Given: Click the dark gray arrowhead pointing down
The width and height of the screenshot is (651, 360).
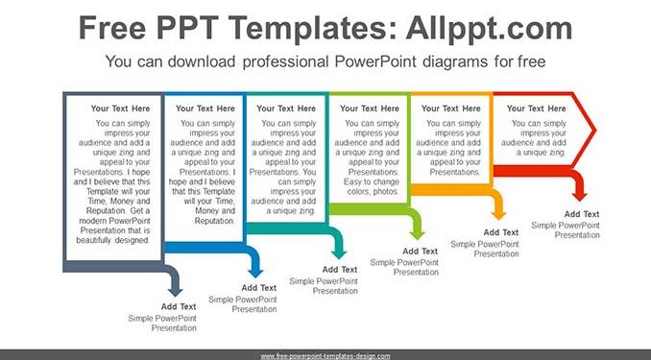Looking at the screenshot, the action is click(175, 291).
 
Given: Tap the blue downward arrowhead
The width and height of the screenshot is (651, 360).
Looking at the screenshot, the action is click(255, 273).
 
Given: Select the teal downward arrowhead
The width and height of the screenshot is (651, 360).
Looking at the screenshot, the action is click(339, 254).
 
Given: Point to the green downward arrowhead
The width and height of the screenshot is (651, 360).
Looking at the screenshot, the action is click(418, 234).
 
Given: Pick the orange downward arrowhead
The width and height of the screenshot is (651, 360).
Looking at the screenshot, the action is click(498, 215).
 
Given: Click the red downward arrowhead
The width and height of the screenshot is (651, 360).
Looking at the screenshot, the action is click(580, 196).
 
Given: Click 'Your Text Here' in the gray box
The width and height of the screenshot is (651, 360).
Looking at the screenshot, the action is click(120, 108).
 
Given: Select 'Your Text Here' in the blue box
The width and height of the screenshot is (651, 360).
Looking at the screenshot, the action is click(205, 108).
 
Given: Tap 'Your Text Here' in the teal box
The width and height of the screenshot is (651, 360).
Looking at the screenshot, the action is click(286, 108).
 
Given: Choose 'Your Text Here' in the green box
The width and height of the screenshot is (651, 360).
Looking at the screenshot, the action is click(370, 108).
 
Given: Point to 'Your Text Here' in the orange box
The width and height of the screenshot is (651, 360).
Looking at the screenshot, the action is click(451, 108).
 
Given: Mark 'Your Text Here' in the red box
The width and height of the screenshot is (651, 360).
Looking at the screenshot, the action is click(537, 108).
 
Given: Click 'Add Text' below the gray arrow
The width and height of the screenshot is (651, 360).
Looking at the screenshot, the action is click(179, 306).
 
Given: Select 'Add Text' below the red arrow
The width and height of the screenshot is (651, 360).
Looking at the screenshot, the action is click(582, 214).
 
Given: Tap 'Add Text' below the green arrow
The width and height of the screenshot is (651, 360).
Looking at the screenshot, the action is click(421, 252).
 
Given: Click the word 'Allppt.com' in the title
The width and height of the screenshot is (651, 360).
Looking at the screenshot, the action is click(489, 28).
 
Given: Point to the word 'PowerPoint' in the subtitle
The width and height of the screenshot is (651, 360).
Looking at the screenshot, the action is click(375, 61).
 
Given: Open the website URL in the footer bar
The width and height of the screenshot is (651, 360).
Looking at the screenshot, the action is click(325, 356).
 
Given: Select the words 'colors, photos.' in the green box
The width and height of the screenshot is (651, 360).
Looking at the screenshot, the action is click(373, 192).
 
